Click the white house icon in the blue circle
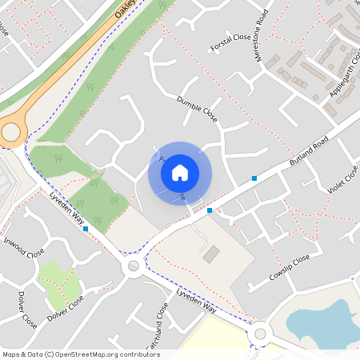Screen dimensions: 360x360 [180, 172]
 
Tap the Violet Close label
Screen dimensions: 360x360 [344, 179]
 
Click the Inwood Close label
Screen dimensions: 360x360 [23, 247]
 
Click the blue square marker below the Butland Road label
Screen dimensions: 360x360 [254, 178]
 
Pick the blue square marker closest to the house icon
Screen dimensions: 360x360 [210, 210]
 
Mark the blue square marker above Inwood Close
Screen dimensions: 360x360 [86, 229]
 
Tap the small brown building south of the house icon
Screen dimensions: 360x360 [211, 254]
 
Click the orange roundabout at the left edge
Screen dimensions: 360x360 [10, 132]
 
